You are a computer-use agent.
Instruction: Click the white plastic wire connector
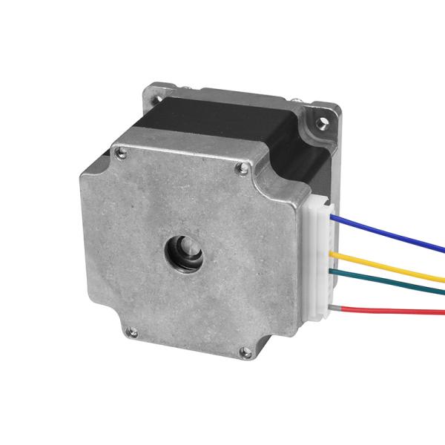(x=317, y=260)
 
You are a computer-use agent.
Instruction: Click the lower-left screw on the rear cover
(x=131, y=331)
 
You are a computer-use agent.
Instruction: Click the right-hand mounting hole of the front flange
(x=324, y=116)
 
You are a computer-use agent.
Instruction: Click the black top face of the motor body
(x=222, y=119)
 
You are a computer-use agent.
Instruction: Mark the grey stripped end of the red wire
(x=337, y=306)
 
